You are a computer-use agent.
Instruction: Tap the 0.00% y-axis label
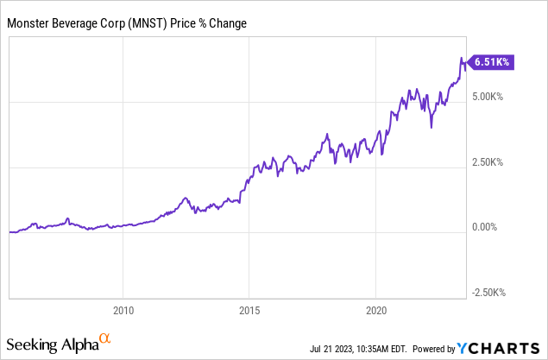pyautogui.click(x=488, y=227)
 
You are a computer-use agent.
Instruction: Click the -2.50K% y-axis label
pyautogui.click(x=490, y=292)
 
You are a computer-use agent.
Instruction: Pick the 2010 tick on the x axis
pyautogui.click(x=123, y=309)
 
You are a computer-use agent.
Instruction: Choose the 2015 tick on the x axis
pyautogui.click(x=249, y=309)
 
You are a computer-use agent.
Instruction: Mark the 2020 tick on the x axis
pyautogui.click(x=376, y=309)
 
